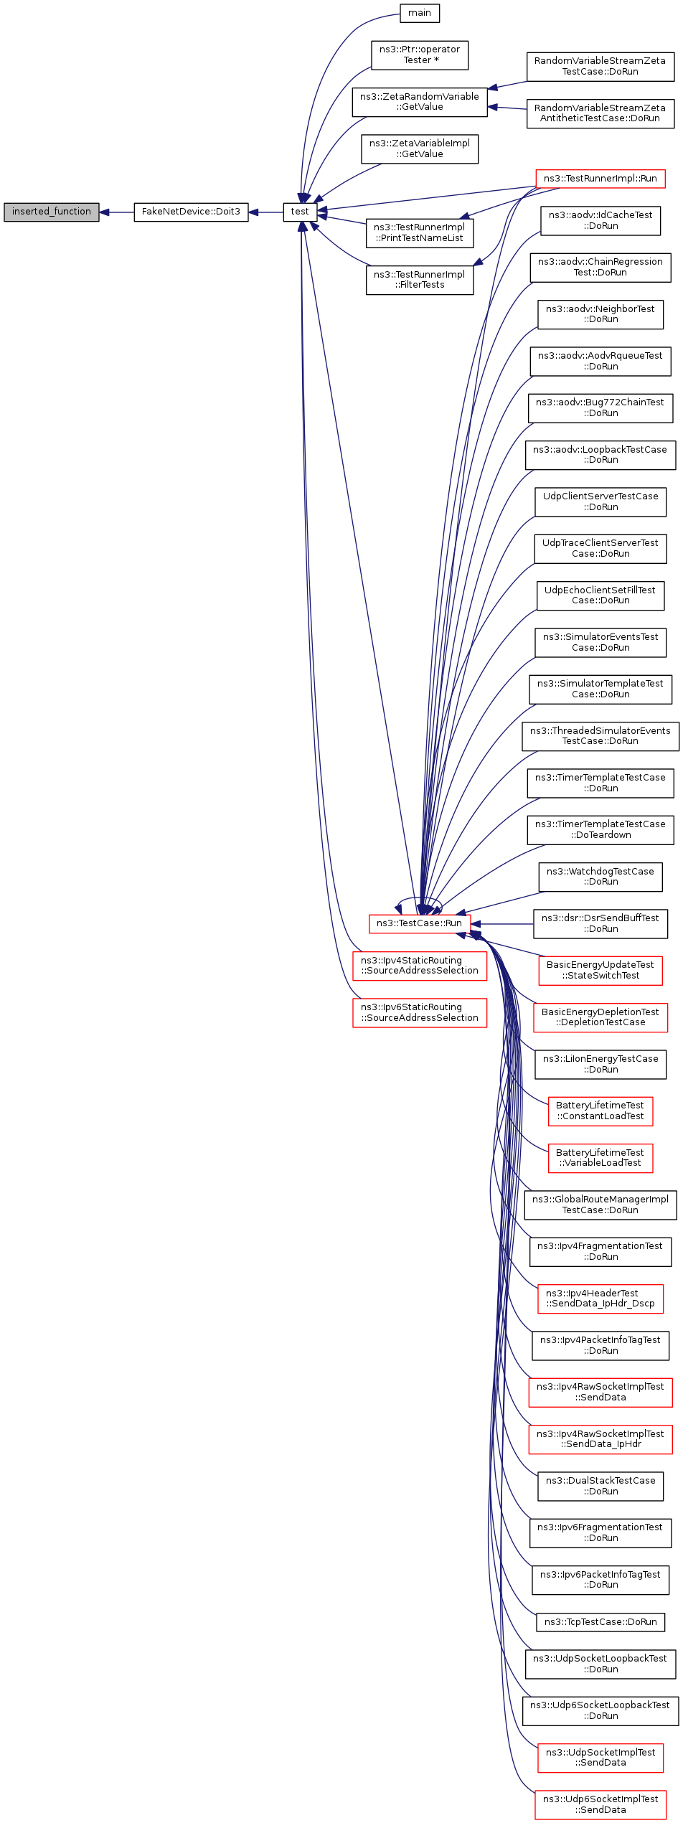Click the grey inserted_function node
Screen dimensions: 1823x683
tap(51, 212)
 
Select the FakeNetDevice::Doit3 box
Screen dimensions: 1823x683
tap(191, 212)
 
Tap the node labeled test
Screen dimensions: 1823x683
tap(300, 212)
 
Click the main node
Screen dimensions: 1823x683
tap(420, 14)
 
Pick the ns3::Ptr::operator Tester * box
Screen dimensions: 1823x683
tap(420, 55)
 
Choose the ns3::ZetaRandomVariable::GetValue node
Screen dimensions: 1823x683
tap(420, 102)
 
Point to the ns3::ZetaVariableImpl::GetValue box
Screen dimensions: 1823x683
tap(420, 149)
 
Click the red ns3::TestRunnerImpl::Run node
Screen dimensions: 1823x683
tap(600, 179)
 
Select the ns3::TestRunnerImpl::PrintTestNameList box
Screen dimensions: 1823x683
tap(420, 233)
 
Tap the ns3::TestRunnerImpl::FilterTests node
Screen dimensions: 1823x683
tap(420, 280)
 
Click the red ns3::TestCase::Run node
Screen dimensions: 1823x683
tap(420, 923)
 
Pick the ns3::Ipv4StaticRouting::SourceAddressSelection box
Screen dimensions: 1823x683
tap(420, 966)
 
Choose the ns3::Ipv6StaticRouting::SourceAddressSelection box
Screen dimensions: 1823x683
tap(420, 1013)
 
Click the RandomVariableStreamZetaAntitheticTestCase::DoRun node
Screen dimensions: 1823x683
tap(600, 113)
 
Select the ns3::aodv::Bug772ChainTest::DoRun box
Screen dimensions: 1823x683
tap(600, 408)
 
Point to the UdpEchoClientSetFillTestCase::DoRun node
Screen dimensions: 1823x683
tap(600, 595)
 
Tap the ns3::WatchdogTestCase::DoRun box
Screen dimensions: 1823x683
tap(600, 877)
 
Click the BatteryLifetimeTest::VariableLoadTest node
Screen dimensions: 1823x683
tap(600, 1158)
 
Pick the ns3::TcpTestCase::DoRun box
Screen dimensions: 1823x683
tap(600, 1622)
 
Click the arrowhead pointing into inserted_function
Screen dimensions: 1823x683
tap(104, 212)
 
